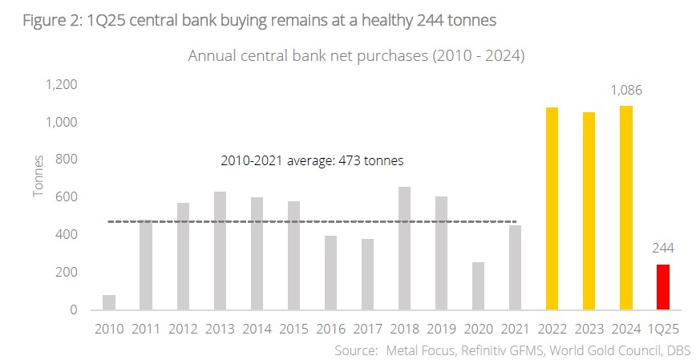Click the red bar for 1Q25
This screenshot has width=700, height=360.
[663, 287]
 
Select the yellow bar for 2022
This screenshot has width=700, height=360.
[552, 208]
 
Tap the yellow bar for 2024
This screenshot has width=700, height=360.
[626, 208]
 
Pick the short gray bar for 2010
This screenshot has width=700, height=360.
[109, 302]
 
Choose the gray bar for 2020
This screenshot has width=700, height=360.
[478, 285]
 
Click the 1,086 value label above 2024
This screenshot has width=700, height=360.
[626, 91]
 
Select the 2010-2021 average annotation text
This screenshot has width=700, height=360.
[312, 160]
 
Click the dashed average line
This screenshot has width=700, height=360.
[312, 221]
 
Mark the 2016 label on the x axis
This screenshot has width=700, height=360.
[330, 329]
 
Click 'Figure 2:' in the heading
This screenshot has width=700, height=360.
[51, 20]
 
